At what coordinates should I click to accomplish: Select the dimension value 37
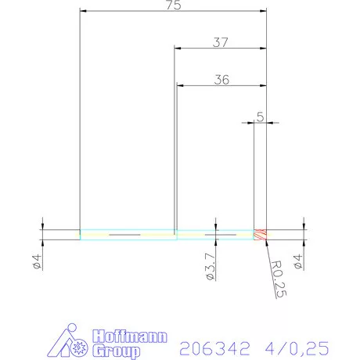click(221, 43)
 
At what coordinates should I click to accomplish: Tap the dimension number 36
click(221, 79)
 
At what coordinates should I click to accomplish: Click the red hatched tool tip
click(260, 234)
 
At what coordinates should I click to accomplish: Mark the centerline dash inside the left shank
click(125, 234)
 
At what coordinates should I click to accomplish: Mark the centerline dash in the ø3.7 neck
click(220, 234)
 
